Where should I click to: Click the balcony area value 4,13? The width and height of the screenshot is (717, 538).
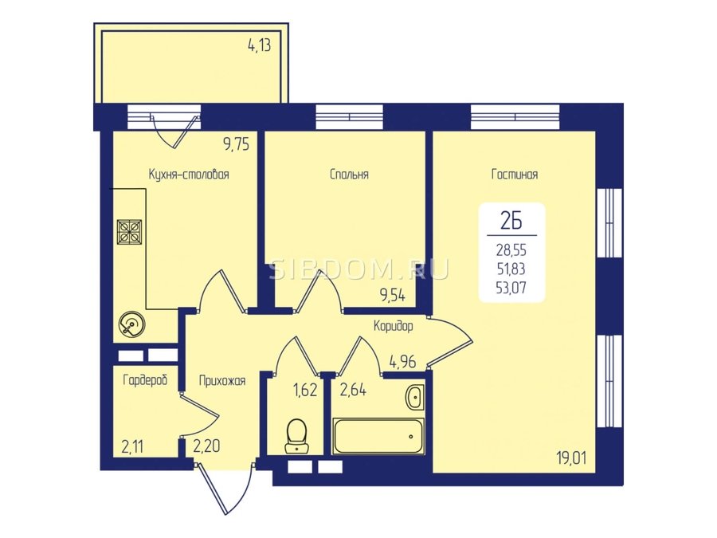coord(259,45)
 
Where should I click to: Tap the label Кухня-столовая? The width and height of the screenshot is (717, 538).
coord(189,175)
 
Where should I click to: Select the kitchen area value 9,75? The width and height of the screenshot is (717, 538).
coord(237,144)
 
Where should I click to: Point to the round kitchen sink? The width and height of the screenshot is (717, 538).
coord(131,325)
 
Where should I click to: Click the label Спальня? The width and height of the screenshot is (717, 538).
coord(349,175)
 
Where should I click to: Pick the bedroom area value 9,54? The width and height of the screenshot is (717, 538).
coord(393,296)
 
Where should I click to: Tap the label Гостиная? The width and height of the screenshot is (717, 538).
coord(515,175)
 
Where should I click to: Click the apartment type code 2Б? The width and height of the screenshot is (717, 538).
coord(511,222)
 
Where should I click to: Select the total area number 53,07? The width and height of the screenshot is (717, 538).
coord(511,288)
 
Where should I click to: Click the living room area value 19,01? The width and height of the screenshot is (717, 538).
coord(571,457)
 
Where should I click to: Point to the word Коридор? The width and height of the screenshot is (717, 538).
coord(394,326)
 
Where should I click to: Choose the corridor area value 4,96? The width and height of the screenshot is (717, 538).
coord(402,363)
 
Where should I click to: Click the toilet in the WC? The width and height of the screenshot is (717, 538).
coord(297,435)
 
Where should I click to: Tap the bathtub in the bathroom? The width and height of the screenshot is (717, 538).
coord(378,436)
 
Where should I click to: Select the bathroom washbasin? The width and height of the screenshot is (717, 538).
coord(415,397)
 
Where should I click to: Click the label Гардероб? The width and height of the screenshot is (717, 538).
coord(146,379)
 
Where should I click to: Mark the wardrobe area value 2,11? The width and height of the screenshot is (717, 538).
coord(132,446)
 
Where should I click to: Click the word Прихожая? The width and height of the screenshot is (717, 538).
coord(222,381)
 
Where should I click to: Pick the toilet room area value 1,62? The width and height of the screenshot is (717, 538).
coord(305,391)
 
